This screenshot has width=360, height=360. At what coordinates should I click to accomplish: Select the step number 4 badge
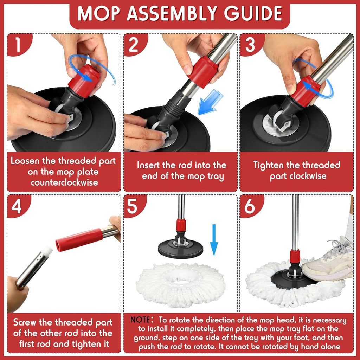[17, 207]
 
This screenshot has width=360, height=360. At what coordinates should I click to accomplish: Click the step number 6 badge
[250, 207]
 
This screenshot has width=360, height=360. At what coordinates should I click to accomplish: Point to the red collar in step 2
[203, 71]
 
